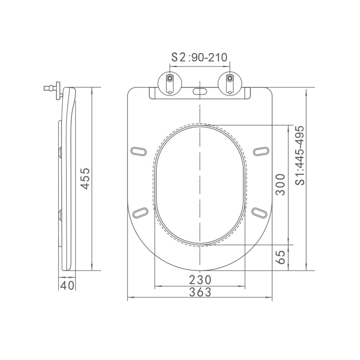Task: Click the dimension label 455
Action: [x=85, y=179]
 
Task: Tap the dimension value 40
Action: [x=67, y=286]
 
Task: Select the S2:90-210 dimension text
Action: [x=199, y=57]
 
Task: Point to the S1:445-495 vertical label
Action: [x=300, y=156]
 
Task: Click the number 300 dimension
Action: [x=281, y=184]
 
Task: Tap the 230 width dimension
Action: [x=200, y=279]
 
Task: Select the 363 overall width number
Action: [x=200, y=292]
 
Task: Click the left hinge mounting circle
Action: [x=170, y=82]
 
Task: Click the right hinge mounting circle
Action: [x=229, y=82]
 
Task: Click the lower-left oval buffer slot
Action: [x=140, y=212]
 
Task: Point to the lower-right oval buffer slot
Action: [x=260, y=212]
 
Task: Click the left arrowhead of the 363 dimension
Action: [x=129, y=298]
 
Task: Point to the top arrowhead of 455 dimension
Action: [x=92, y=89]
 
